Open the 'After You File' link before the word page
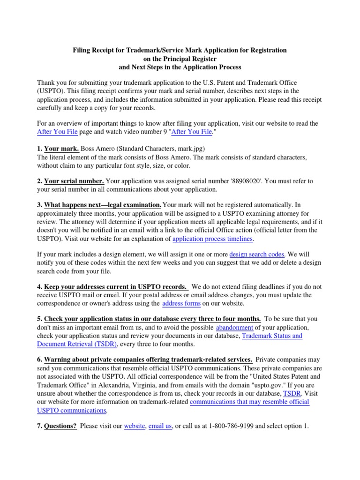[57, 132]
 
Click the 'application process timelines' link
[213, 239]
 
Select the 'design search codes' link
[257, 254]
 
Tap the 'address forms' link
[181, 303]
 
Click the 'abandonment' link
[234, 327]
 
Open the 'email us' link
[160, 427]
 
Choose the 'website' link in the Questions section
[134, 427]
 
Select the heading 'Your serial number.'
[74, 181]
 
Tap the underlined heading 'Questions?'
[60, 427]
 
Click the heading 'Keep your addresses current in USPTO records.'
[116, 286]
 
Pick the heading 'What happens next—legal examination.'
[103, 205]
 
